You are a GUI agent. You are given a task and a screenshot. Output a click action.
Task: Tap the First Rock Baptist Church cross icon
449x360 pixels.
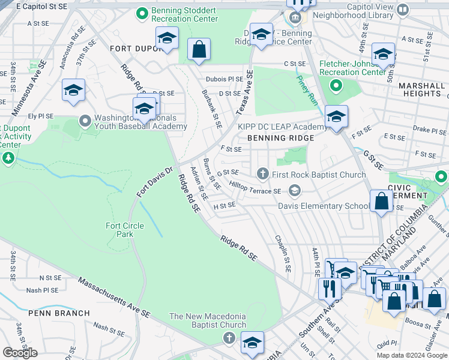pos(262,175)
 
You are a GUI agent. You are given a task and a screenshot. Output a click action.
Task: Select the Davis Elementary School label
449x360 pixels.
pos(324,206)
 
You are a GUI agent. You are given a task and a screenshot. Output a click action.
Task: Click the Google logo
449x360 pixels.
pos(20,353)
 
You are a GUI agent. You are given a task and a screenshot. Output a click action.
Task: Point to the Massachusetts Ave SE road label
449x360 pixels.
pos(113,297)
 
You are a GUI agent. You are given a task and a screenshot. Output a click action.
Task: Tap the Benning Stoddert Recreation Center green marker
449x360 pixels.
pos(142,12)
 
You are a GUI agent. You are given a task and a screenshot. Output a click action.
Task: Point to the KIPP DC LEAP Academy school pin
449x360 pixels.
pos(336,117)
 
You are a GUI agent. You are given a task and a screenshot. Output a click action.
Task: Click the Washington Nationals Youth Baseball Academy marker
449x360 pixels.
pos(86,121)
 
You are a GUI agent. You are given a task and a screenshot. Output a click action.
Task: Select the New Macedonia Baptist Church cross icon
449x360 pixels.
pos(229,339)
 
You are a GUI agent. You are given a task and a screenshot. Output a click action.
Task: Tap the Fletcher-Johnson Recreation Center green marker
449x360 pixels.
pos(336,85)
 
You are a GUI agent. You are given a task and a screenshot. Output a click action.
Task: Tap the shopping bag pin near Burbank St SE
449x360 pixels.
pos(199,50)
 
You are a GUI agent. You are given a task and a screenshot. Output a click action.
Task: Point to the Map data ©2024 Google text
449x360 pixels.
pos(411,355)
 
